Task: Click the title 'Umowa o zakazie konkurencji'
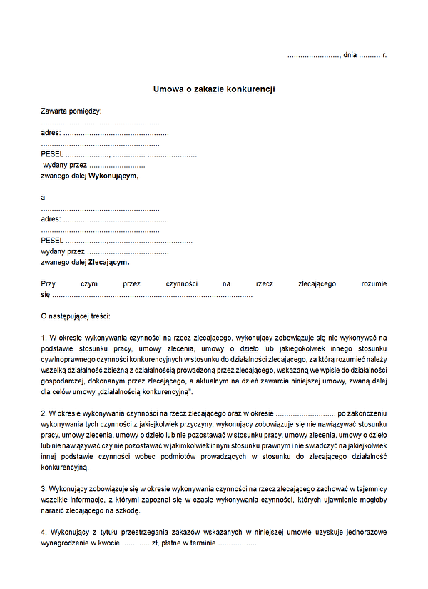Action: coord(214,89)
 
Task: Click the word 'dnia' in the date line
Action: coord(350,54)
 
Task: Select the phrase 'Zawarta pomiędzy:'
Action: coord(71,111)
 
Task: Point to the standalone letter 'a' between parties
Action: coord(43,197)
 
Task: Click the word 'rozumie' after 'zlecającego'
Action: coord(374,284)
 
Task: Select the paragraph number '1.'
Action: coord(44,336)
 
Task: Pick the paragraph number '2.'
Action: coord(44,413)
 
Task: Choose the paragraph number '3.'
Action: coord(44,489)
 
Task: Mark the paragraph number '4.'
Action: coord(44,533)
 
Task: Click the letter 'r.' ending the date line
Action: coord(384,54)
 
